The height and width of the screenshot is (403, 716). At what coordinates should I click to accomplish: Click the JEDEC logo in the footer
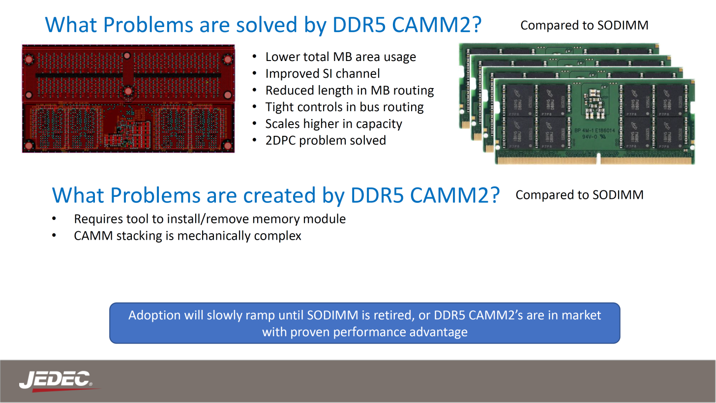coord(55,380)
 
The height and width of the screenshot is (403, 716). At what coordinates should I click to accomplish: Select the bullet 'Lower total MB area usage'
coord(340,57)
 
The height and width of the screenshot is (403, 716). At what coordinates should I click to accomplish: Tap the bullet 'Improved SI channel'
coord(322,74)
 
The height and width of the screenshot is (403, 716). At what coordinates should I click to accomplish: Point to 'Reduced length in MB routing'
coord(349,91)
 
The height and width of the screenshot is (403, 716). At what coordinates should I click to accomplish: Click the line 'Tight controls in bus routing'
coord(344,107)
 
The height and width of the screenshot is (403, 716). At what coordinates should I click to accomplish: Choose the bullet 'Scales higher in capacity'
coord(333,124)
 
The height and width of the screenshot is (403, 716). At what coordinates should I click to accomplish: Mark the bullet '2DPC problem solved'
coord(325,140)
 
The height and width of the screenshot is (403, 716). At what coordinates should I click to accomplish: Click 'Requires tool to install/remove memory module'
coord(209,219)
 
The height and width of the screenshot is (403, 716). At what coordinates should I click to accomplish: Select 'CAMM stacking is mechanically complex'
coord(187,236)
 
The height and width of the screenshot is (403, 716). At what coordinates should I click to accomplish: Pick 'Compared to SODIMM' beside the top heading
coord(584,25)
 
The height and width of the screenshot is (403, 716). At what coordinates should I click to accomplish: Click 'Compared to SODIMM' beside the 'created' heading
coord(579,195)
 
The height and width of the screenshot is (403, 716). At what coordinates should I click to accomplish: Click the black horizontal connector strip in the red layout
coord(128,76)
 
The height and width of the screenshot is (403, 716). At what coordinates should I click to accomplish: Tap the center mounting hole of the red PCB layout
coord(128,91)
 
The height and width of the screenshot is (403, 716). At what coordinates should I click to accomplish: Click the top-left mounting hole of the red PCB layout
coord(29,60)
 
